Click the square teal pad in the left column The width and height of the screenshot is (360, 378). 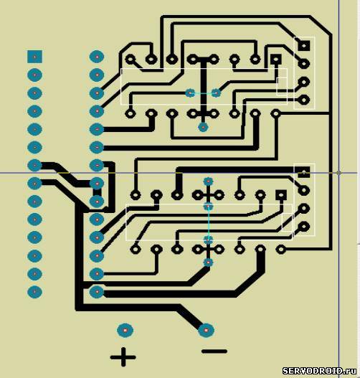(34, 57)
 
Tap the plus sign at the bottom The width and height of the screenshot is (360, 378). (123, 356)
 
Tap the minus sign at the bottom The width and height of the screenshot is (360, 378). (214, 351)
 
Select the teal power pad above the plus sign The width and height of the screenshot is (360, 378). (125, 330)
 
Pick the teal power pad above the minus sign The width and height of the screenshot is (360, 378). (206, 330)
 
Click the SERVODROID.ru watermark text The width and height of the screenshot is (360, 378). (320, 371)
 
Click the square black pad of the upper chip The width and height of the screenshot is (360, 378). (276, 59)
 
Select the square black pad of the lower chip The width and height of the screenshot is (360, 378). (281, 195)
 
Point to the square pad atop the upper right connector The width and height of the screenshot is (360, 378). (304, 45)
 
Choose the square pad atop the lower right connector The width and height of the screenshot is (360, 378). (304, 172)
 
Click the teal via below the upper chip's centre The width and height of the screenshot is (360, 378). (203, 127)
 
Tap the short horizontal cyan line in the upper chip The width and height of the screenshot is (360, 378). (203, 93)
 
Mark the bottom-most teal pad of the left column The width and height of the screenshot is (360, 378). (34, 292)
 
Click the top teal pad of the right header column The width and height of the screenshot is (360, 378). (97, 57)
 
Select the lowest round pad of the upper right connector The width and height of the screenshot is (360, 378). (304, 100)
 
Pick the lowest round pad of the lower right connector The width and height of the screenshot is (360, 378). (304, 227)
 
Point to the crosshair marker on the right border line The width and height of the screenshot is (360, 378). (338, 173)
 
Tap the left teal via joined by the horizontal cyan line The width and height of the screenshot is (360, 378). (190, 93)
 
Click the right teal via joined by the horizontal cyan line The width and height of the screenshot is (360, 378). (216, 93)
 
